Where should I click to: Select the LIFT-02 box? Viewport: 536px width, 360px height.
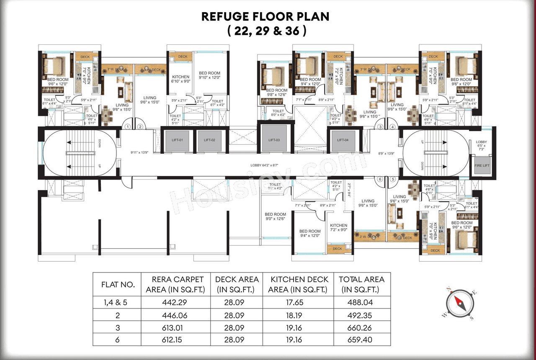(209, 140)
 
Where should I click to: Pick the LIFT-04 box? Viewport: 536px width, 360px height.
(343, 140)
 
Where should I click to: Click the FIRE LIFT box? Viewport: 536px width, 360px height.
(481, 165)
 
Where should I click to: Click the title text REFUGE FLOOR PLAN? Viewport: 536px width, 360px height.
(265, 17)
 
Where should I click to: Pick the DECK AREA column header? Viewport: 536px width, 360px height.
(237, 284)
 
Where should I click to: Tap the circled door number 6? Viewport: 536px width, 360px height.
(380, 179)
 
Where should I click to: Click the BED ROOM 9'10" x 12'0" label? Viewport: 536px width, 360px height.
(209, 75)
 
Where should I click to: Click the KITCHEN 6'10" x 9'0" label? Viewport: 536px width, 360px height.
(181, 79)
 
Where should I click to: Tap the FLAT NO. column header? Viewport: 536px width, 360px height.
(118, 285)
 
